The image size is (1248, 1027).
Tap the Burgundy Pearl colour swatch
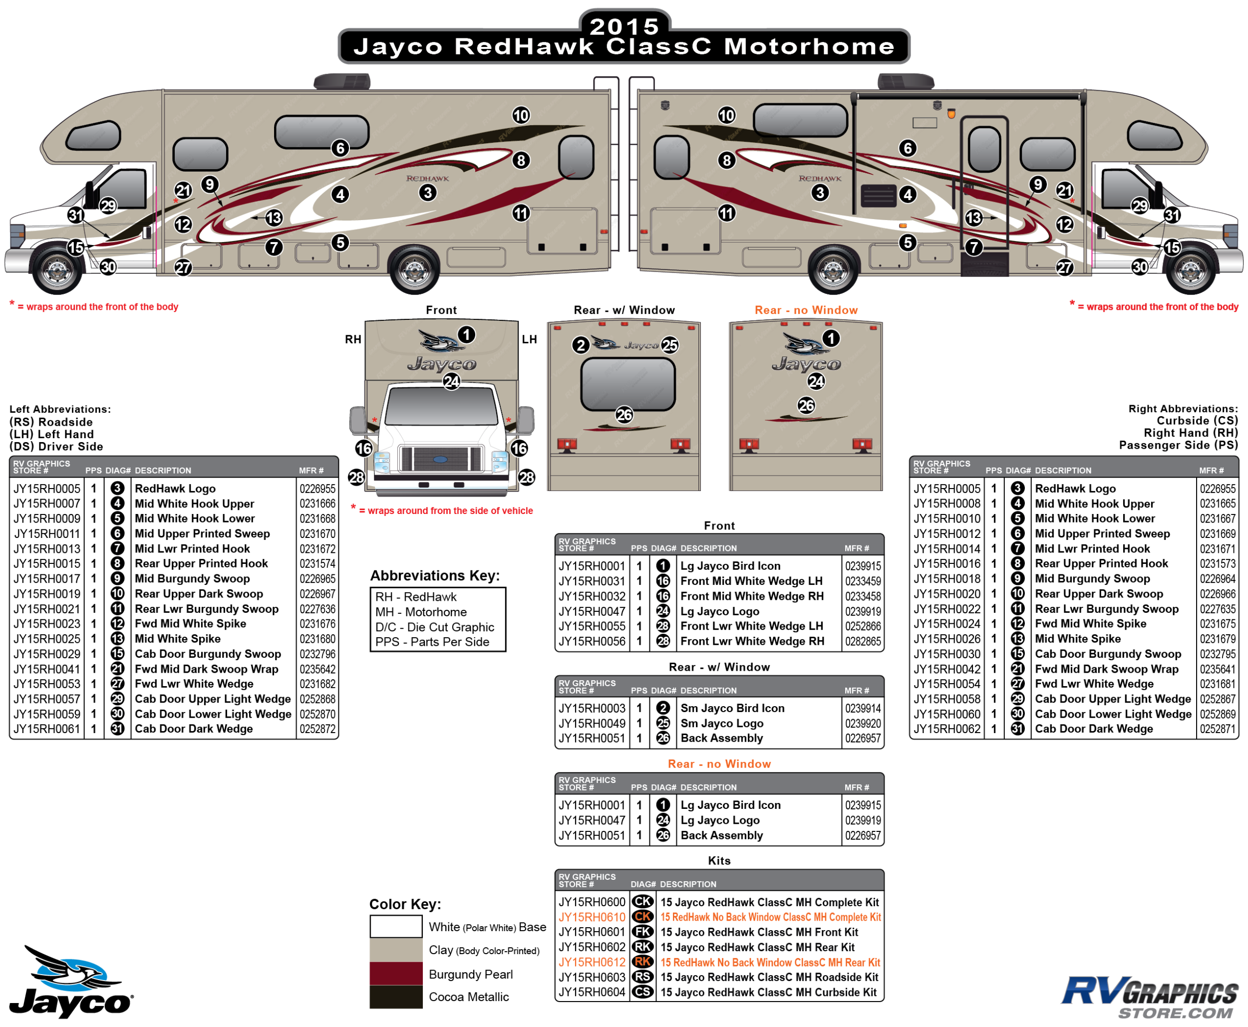[395, 973]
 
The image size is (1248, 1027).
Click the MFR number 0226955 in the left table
[317, 489]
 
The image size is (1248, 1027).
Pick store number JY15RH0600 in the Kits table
[592, 902]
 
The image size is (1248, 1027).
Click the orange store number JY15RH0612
[592, 963]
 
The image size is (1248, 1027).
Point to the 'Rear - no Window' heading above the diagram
[806, 310]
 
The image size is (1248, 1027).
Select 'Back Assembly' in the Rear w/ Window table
[721, 738]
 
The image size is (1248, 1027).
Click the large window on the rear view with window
[628, 384]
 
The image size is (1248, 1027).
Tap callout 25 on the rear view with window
[669, 345]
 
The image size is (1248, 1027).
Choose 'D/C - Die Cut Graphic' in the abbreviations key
[434, 627]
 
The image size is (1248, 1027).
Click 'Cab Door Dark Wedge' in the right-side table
[1094, 729]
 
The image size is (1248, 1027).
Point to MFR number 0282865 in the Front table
[863, 641]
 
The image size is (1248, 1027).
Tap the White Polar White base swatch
[395, 926]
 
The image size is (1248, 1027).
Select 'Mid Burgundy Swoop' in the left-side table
[192, 578]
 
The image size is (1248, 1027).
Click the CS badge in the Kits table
[642, 992]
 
